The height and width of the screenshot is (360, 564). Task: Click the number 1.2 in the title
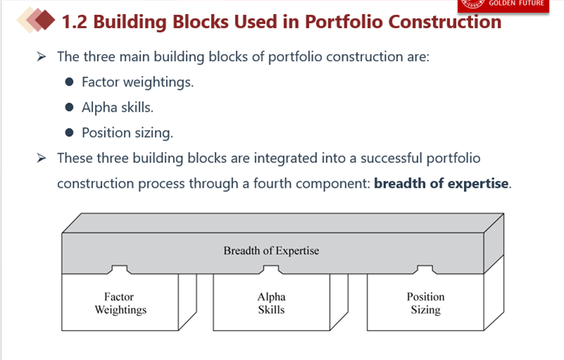pyautogui.click(x=75, y=22)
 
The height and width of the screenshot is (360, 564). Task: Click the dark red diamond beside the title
pyautogui.click(x=44, y=20)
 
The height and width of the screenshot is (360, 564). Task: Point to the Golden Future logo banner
pyautogui.click(x=504, y=5)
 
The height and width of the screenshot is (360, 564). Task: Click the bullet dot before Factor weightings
pyautogui.click(x=70, y=82)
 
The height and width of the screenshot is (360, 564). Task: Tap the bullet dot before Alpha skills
pyautogui.click(x=70, y=107)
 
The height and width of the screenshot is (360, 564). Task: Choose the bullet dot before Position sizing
pyautogui.click(x=70, y=133)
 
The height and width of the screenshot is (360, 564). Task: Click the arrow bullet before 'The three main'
pyautogui.click(x=41, y=56)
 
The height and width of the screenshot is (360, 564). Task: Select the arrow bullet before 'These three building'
pyautogui.click(x=41, y=158)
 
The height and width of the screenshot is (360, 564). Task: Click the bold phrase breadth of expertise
pyautogui.click(x=442, y=184)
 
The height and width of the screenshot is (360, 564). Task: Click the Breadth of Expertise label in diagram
pyautogui.click(x=271, y=250)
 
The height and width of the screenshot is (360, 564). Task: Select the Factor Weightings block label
pyautogui.click(x=120, y=303)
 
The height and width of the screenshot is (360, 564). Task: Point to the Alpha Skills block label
pyautogui.click(x=271, y=303)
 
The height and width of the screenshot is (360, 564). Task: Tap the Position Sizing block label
pyautogui.click(x=425, y=303)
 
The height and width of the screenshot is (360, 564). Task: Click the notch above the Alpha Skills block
pyautogui.click(x=271, y=269)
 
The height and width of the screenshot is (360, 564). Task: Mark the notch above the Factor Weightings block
pyautogui.click(x=120, y=269)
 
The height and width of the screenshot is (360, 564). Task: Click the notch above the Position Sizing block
pyautogui.click(x=425, y=269)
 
